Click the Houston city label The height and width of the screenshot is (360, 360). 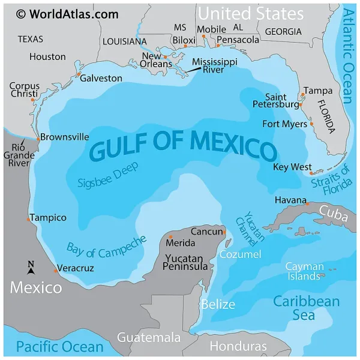[47, 56]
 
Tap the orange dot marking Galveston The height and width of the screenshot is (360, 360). [79, 74]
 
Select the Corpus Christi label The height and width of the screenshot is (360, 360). [24, 90]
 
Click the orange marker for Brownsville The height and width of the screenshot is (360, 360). [38, 139]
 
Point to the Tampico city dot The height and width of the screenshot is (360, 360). [28, 219]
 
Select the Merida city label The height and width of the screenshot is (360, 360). [181, 243]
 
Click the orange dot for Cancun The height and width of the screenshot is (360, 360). [224, 232]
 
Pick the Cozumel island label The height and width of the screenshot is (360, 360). [240, 254]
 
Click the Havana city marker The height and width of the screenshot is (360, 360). [307, 204]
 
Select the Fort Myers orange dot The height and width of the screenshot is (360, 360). [312, 124]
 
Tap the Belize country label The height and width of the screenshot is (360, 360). [217, 304]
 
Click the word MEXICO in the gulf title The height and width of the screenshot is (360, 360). [233, 145]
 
